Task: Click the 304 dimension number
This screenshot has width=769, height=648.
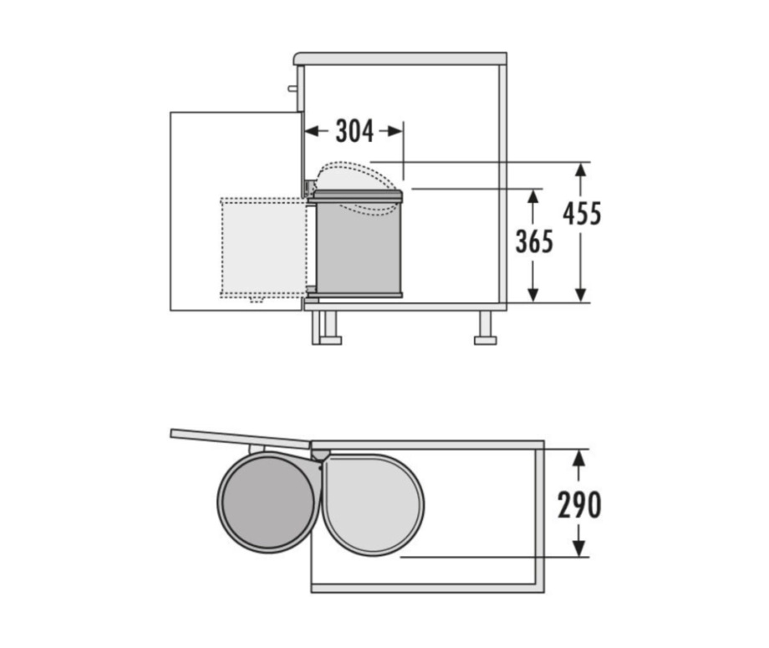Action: (x=354, y=131)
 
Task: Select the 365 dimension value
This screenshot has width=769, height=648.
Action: (x=534, y=241)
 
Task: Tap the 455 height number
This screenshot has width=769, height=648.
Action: (x=582, y=214)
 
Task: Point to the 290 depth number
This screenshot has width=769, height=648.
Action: (x=579, y=505)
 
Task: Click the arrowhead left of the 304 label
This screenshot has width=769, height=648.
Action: (x=312, y=131)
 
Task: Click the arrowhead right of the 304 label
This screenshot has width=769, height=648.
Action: (x=395, y=131)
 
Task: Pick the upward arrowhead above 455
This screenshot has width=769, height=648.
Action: (x=581, y=170)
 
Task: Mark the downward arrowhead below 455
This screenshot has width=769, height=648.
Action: (x=581, y=295)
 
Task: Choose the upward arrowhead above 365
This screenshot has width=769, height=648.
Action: (x=533, y=197)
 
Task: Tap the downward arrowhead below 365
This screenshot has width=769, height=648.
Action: (x=533, y=295)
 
